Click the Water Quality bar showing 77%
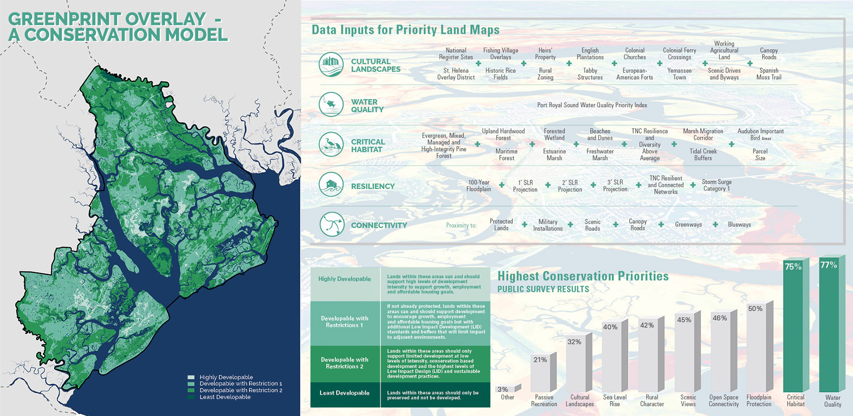pos(829,326)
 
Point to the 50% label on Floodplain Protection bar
pos(755,309)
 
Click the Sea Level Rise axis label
pos(615,400)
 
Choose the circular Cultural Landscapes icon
pos(331,65)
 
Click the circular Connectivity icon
pos(332,224)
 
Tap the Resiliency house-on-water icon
pos(331,184)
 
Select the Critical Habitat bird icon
pos(331,145)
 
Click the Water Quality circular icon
pos(331,104)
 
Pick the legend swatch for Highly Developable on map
pos(191,377)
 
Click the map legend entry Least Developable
pos(225,397)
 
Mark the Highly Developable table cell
pos(345,279)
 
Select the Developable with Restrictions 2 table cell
pos(345,363)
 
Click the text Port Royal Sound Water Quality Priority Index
pos(592,105)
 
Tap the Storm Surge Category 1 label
pos(716,185)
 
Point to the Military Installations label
pos(547,225)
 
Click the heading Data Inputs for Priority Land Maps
pos(405,30)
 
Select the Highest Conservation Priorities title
pos(583,276)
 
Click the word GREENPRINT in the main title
pos(63,19)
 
